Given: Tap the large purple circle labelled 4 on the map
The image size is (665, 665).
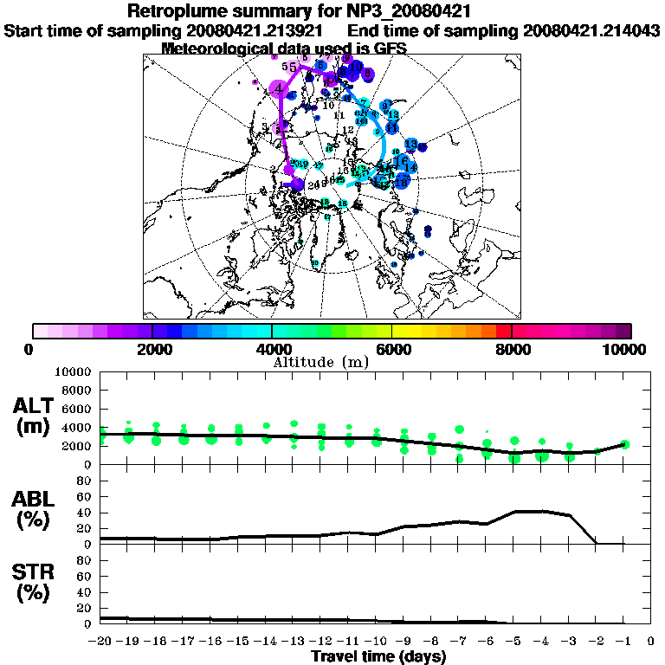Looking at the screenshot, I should (279, 88).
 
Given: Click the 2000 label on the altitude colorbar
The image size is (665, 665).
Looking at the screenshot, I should (152, 349).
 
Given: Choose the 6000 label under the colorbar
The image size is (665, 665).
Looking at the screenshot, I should (392, 349).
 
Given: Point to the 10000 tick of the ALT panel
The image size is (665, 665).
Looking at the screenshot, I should (73, 371).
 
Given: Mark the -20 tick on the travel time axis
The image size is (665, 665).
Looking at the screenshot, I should (100, 642).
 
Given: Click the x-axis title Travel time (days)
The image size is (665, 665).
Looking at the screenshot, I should (378, 656).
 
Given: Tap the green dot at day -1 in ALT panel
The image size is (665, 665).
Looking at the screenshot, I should (624, 444).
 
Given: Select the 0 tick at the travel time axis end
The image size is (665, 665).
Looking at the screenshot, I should (651, 642).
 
